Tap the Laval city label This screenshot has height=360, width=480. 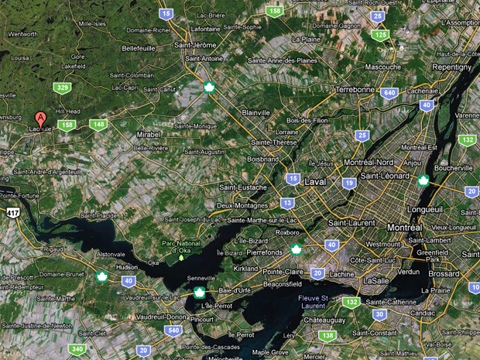[x=315, y=182]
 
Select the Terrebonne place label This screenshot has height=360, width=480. [x=355, y=89]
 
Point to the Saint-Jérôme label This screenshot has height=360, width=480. [x=194, y=44]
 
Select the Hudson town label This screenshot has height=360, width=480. [x=127, y=266]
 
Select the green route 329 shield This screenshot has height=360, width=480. [x=63, y=87]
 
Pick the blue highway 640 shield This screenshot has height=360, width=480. [x=389, y=93]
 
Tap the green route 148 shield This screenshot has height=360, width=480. [x=98, y=124]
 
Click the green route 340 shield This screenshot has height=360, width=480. [x=77, y=349]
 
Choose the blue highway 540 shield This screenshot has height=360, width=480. [x=170, y=331]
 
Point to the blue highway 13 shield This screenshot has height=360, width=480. [x=287, y=203]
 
